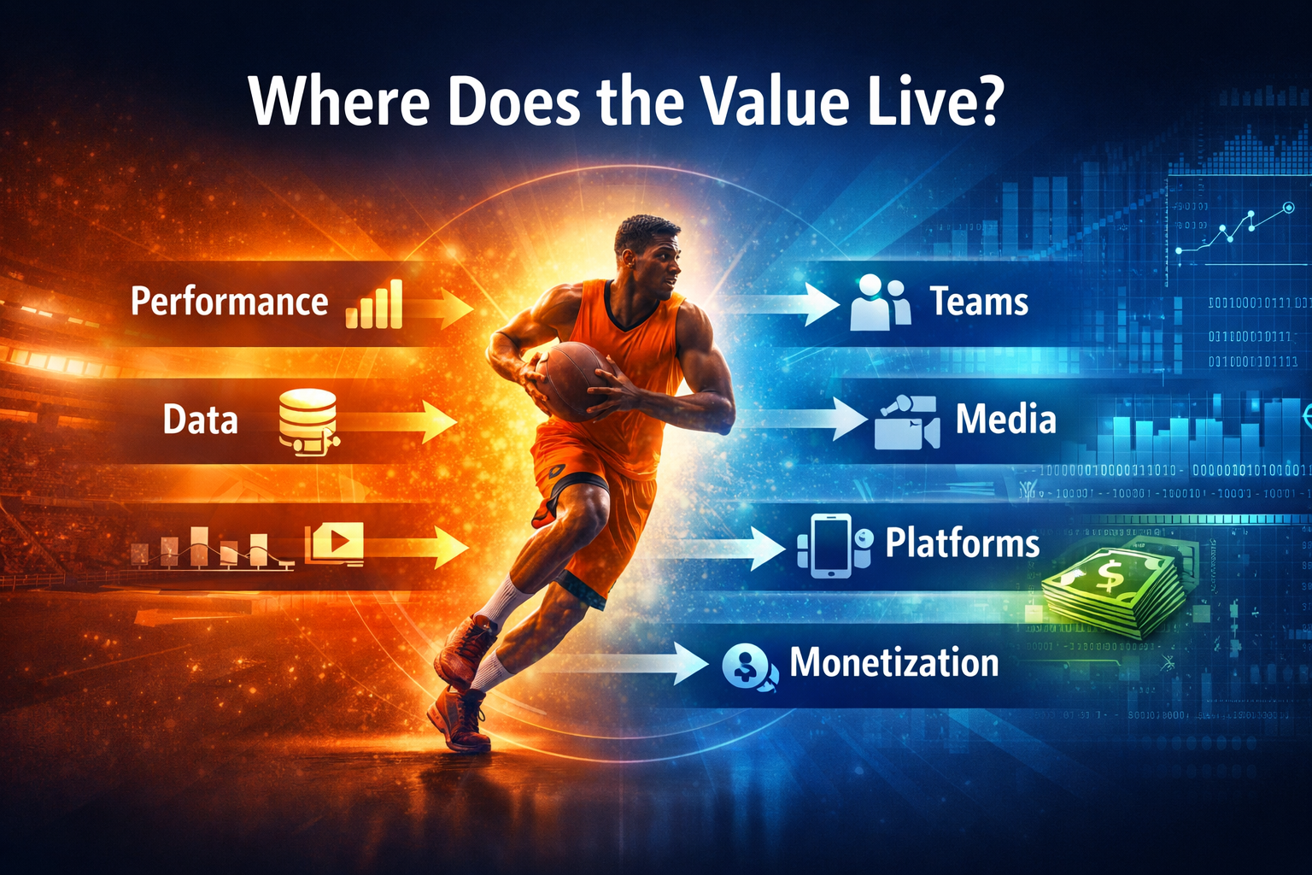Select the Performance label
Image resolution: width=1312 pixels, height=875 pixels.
229,302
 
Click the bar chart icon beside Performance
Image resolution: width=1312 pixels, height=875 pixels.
374,305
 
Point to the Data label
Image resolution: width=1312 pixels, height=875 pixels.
200,420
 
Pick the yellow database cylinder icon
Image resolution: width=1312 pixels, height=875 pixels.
307,419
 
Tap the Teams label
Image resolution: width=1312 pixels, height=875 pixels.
979,302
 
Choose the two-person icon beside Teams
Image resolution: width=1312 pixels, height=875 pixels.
881,303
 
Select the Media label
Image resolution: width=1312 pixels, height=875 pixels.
1005,420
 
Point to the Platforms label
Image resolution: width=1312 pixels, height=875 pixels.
962,543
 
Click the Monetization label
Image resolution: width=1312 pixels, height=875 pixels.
893,663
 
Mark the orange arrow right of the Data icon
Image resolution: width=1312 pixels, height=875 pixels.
401,422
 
